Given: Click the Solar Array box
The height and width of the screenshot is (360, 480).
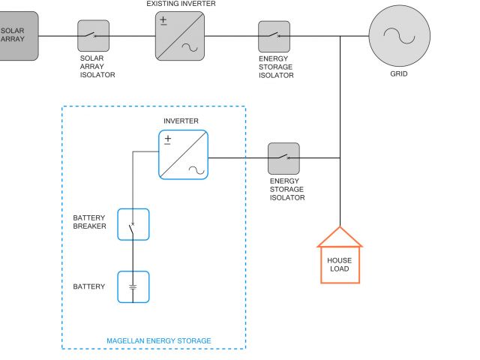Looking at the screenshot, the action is pyautogui.click(x=18, y=36).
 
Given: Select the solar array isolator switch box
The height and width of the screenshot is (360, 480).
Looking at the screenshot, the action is pyautogui.click(x=93, y=36).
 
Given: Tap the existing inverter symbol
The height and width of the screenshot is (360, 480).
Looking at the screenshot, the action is pyautogui.click(x=180, y=36).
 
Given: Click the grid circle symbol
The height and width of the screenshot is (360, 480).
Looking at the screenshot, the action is pyautogui.click(x=400, y=36).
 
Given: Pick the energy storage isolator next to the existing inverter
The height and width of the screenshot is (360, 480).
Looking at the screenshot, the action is pyautogui.click(x=274, y=37).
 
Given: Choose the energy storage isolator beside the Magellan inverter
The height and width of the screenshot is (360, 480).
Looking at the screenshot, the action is pyautogui.click(x=283, y=158).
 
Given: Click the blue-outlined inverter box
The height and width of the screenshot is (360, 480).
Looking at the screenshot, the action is pyautogui.click(x=183, y=154).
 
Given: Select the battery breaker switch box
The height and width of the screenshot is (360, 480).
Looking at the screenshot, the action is pyautogui.click(x=133, y=224).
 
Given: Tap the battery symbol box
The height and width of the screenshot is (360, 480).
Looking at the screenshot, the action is pyautogui.click(x=133, y=286).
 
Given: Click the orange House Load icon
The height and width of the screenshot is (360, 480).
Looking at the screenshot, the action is pyautogui.click(x=340, y=255).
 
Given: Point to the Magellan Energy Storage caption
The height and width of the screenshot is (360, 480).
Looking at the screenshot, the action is pyautogui.click(x=158, y=340).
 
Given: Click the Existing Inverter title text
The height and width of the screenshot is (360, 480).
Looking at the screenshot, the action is pyautogui.click(x=181, y=4).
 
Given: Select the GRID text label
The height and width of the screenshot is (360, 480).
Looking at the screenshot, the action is pyautogui.click(x=398, y=73).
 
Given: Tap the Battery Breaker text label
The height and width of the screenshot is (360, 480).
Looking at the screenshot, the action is pyautogui.click(x=89, y=222).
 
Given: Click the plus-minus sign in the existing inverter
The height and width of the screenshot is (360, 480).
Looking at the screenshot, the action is pyautogui.click(x=163, y=21).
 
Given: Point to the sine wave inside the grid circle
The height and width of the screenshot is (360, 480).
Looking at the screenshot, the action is pyautogui.click(x=399, y=36).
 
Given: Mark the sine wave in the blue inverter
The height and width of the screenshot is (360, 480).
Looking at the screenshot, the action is pyautogui.click(x=196, y=170).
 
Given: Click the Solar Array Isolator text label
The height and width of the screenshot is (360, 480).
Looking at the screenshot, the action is pyautogui.click(x=97, y=67).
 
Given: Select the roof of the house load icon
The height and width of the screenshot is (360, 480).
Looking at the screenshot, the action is pyautogui.click(x=340, y=237).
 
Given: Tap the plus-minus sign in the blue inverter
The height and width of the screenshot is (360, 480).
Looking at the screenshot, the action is pyautogui.click(x=168, y=139).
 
